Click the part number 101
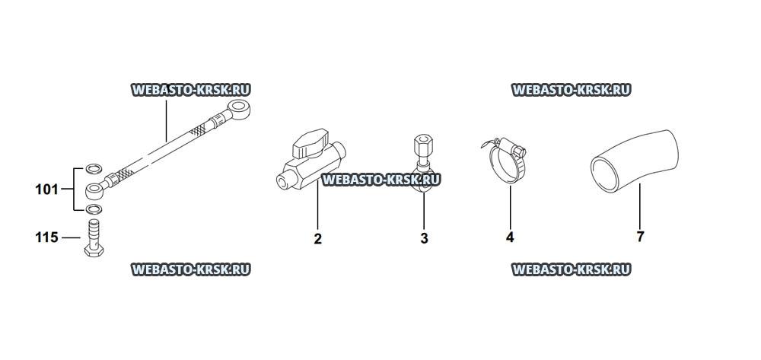coord(46,190)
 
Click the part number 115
coord(46,237)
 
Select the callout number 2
coord(318,239)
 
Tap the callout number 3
coord(424,239)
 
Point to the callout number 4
coord(510,237)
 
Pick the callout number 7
coord(640,237)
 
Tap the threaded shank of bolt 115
coord(94,232)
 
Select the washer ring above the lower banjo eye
coord(93,169)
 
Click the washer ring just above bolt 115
coord(93,209)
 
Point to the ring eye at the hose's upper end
coord(239,109)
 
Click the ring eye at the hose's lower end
coord(94,190)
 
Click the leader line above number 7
coord(640,205)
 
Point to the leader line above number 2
coord(317,204)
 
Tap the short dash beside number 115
coord(71,237)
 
